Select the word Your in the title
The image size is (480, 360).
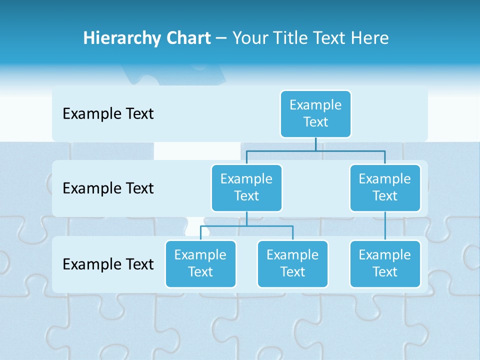point(251,38)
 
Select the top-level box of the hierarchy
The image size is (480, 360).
point(315,114)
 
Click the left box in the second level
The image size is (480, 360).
point(246,188)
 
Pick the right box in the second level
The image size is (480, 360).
point(385,188)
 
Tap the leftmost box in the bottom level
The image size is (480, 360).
point(200,264)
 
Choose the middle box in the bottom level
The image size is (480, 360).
point(292,264)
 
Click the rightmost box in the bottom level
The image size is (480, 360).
point(385,264)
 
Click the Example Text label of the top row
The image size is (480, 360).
point(108,114)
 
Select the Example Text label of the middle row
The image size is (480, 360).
point(108,188)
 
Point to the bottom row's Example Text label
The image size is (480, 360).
point(108,264)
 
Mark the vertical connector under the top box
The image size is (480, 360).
point(315,144)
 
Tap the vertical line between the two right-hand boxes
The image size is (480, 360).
point(385,226)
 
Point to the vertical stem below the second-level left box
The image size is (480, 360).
point(246,219)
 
